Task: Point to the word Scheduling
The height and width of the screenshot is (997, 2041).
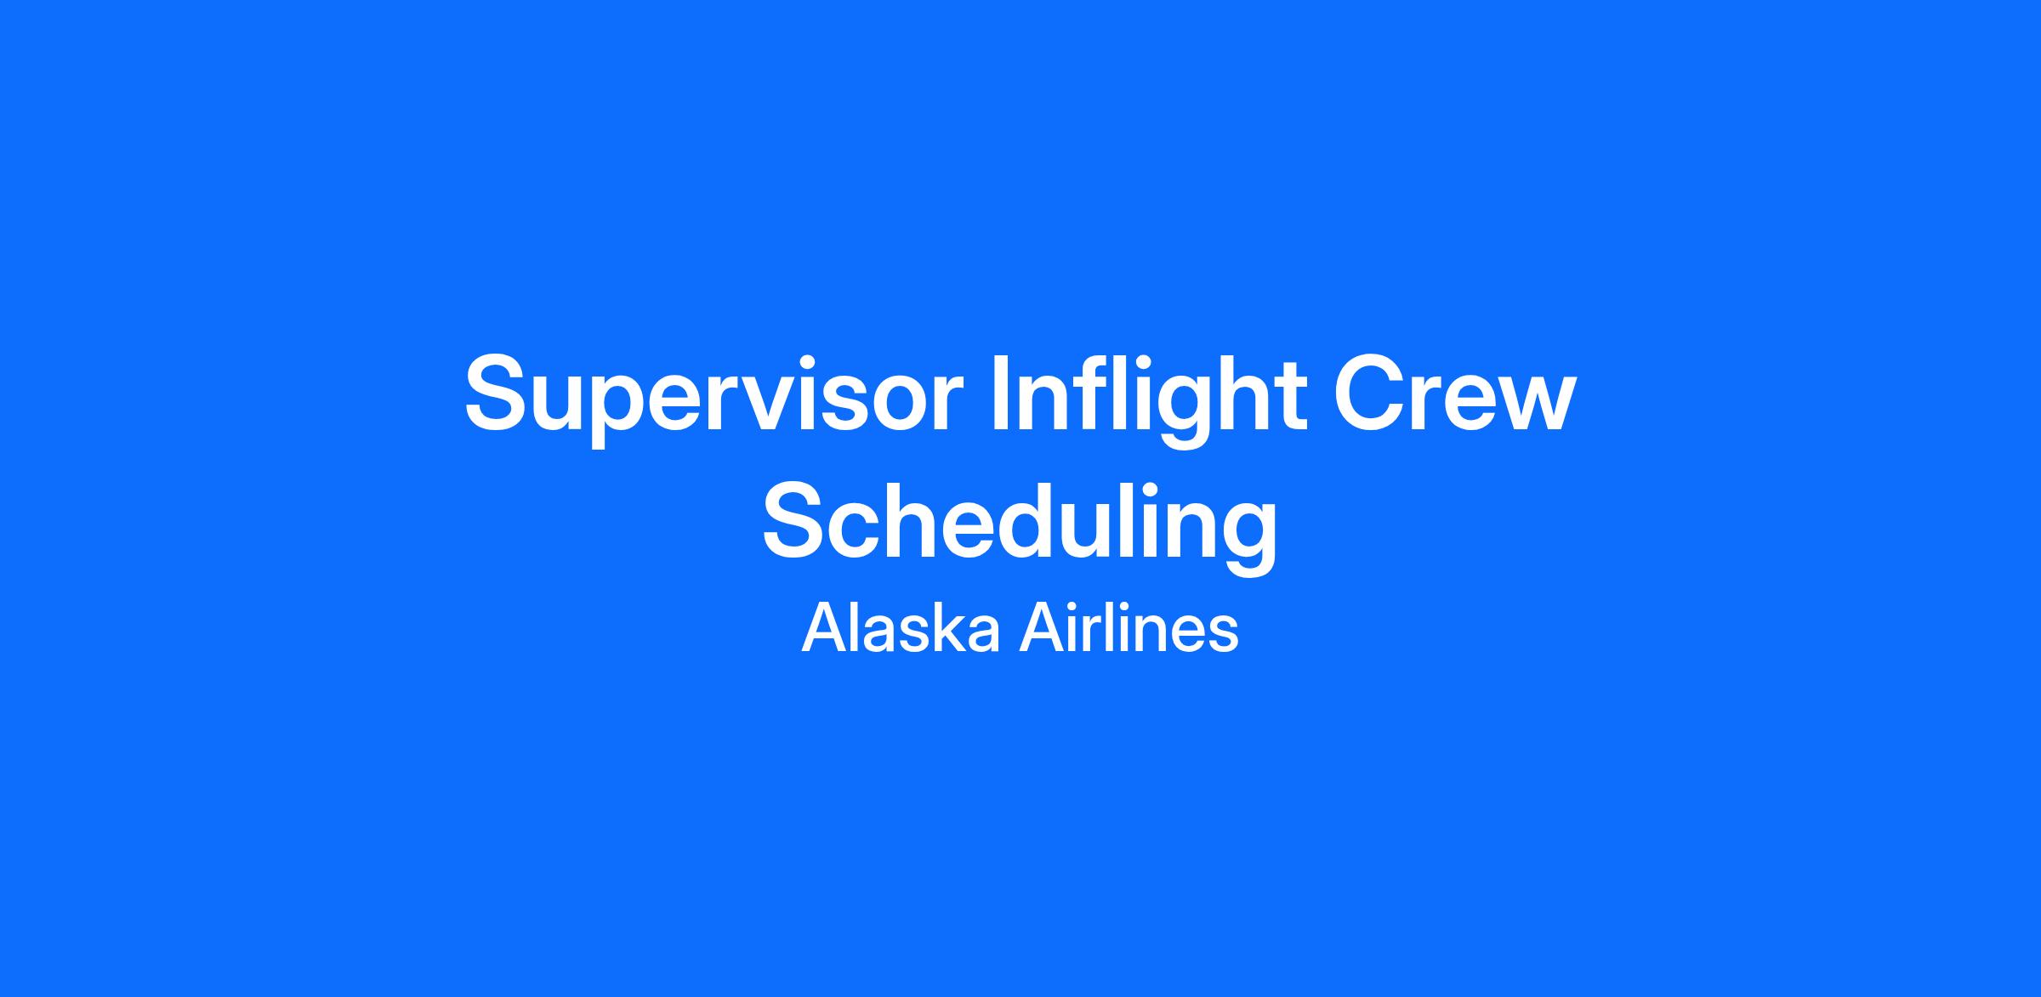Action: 1020,523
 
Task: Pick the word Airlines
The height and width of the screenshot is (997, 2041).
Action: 1129,628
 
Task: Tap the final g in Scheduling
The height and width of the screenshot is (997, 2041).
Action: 1248,536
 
